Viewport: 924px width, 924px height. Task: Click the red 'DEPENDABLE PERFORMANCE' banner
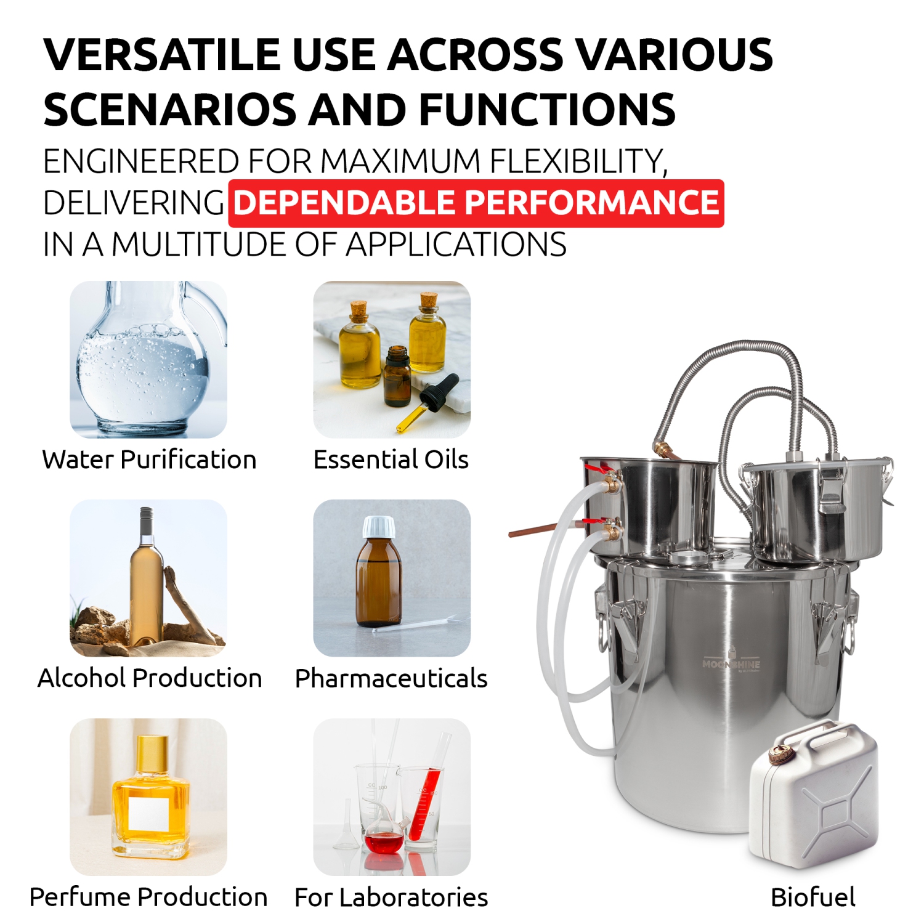[x=476, y=203]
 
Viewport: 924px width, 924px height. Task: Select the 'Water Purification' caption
[x=149, y=460]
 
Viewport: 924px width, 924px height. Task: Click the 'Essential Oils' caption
[x=391, y=460]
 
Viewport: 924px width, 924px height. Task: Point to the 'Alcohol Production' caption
[x=150, y=678]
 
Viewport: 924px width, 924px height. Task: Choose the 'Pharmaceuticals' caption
[x=391, y=678]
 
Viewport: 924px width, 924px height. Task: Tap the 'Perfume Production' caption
[x=148, y=897]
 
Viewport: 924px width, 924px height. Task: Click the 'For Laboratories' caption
[x=391, y=898]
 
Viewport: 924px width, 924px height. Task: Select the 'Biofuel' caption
[x=813, y=897]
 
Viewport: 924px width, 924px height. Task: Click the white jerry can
[x=816, y=801]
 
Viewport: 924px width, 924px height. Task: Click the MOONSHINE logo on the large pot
[x=731, y=664]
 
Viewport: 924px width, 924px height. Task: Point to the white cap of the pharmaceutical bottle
[x=379, y=527]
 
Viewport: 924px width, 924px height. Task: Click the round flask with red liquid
[x=384, y=841]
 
